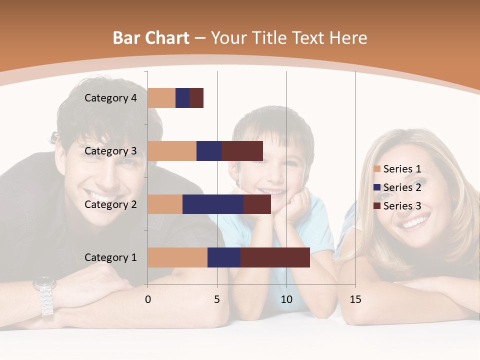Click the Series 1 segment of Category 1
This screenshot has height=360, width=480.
click(177, 257)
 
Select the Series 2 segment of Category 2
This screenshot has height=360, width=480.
click(212, 204)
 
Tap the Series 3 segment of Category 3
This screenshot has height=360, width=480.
click(242, 151)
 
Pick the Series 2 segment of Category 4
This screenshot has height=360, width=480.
click(182, 98)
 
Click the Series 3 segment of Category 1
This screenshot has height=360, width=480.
click(275, 257)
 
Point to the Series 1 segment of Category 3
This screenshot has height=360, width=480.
click(172, 151)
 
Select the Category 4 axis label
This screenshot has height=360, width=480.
click(110, 98)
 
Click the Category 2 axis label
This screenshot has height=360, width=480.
click(110, 204)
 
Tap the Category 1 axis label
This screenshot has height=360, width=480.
click(110, 257)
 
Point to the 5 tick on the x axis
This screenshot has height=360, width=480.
click(217, 299)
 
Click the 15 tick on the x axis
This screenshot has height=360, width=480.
click(355, 299)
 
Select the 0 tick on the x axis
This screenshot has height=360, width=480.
click(148, 299)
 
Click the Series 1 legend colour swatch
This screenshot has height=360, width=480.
click(376, 169)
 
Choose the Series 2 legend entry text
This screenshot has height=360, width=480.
click(402, 187)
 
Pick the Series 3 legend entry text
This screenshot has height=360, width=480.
click(402, 206)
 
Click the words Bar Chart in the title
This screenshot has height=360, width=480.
click(151, 38)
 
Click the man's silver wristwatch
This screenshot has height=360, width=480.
click(45, 295)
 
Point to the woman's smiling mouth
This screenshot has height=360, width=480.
click(416, 220)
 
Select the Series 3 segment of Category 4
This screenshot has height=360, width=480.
click(196, 98)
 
